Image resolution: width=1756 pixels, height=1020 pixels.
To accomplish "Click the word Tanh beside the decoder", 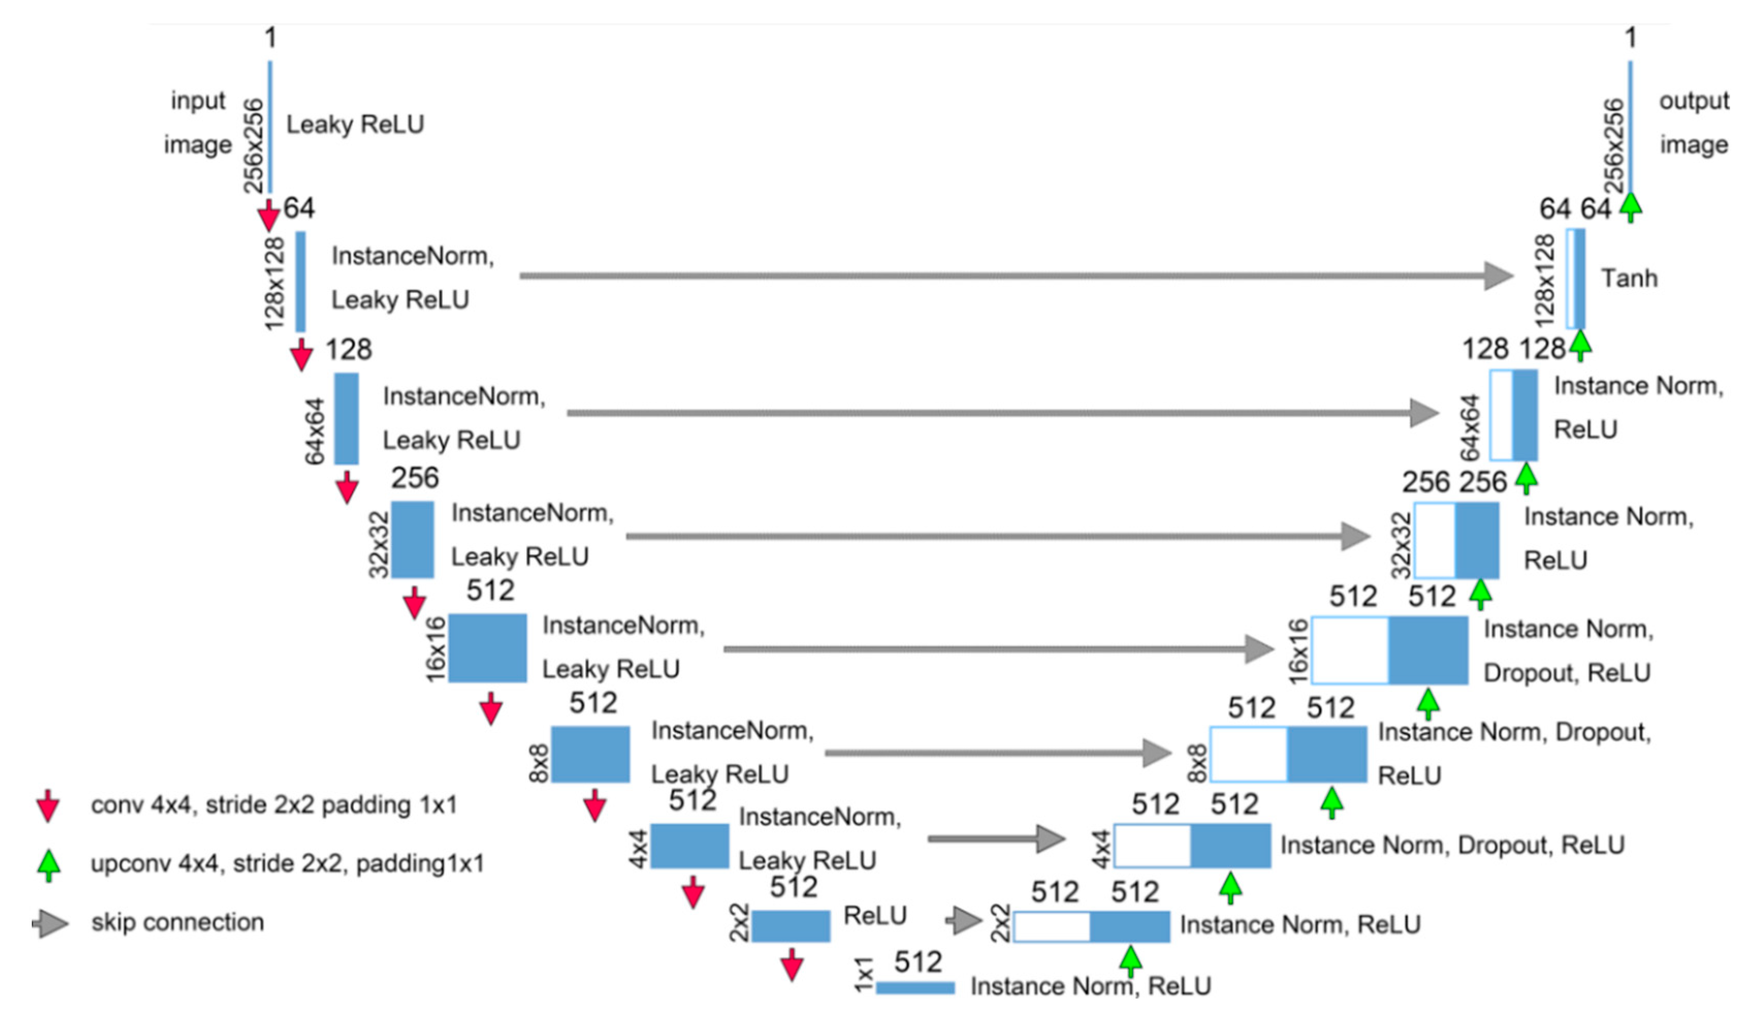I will [x=1629, y=278].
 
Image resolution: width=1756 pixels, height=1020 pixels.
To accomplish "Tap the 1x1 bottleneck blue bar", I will [x=915, y=988].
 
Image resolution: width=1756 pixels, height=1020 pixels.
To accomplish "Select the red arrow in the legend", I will [x=47, y=807].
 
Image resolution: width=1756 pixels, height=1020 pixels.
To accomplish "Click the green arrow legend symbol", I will [x=48, y=865].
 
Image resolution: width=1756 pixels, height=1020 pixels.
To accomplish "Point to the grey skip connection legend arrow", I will [x=50, y=924].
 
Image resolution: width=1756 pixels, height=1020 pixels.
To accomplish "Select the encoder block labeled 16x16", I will [x=487, y=648].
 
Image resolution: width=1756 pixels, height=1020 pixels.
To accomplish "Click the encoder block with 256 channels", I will [x=412, y=540].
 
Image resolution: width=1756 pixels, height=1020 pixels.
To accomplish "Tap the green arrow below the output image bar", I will [x=1631, y=207].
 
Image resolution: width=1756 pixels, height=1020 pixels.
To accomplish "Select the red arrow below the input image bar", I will [x=268, y=215].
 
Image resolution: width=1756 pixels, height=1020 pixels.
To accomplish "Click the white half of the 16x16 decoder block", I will [x=1350, y=651].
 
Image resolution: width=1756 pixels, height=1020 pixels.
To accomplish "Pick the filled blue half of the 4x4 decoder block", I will [x=1231, y=846].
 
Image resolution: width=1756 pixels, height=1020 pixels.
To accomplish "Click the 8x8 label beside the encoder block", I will [x=539, y=763].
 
